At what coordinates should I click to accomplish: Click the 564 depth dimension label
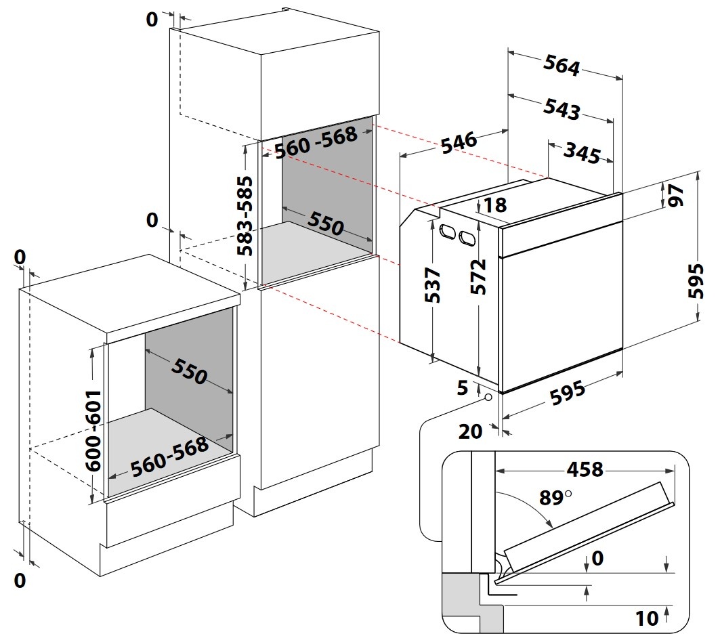[x=562, y=66]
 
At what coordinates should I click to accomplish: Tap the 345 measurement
[x=582, y=154]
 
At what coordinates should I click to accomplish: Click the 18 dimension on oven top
[x=495, y=205]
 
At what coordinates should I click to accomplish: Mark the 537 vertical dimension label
[x=433, y=285]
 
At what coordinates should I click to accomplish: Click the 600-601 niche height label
[x=93, y=431]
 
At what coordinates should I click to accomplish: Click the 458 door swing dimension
[x=584, y=469]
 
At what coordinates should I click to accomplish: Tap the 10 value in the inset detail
[x=648, y=617]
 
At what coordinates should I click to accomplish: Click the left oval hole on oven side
[x=447, y=232]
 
